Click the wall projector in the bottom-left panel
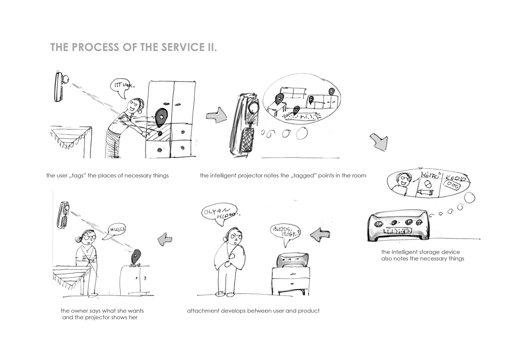(x=64, y=215)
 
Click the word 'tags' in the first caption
(x=76, y=176)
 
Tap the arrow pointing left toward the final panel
(x=165, y=239)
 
